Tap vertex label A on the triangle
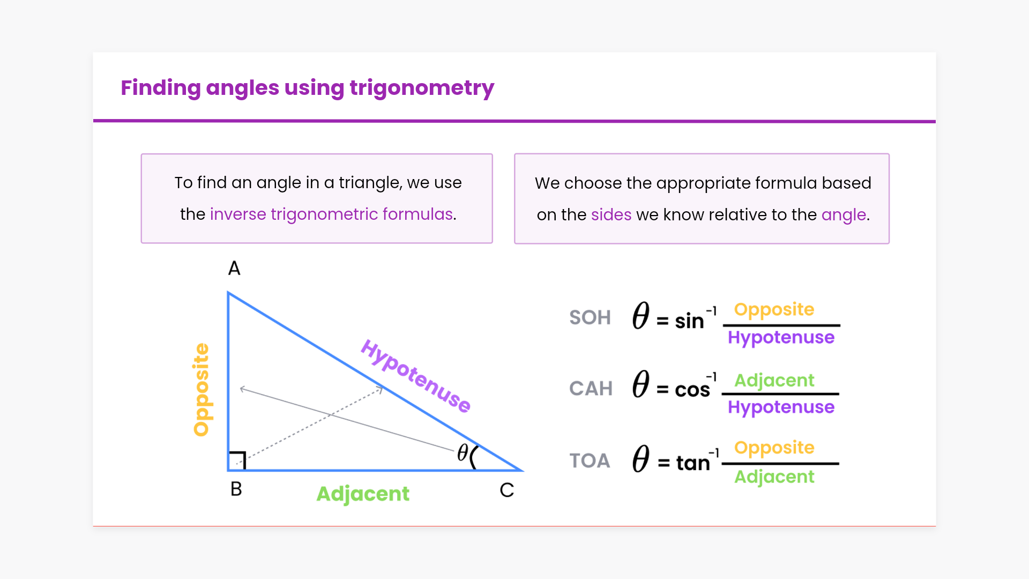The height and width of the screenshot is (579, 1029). (234, 268)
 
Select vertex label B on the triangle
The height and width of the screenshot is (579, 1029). (236, 489)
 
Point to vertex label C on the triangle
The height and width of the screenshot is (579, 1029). (507, 490)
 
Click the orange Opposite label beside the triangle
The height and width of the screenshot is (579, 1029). (202, 390)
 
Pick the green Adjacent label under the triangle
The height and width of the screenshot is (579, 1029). (363, 494)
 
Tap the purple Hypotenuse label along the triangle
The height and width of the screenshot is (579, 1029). (416, 376)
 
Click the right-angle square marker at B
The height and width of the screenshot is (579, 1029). (237, 461)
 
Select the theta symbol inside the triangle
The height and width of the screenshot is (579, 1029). (463, 452)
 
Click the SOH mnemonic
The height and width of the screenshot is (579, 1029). (590, 317)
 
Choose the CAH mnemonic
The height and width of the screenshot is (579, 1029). (591, 388)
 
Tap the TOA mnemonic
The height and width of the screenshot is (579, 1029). (590, 461)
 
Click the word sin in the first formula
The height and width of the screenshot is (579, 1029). (689, 321)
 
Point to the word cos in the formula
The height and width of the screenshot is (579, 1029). (692, 390)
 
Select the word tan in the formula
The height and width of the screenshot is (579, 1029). (693, 463)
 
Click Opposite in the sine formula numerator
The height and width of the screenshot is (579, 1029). (774, 310)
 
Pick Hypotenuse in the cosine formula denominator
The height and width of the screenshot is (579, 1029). (781, 407)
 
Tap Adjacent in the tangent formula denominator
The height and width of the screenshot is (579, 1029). (774, 477)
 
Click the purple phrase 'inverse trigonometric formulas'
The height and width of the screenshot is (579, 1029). (332, 214)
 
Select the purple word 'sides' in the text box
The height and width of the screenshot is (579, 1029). (611, 215)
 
